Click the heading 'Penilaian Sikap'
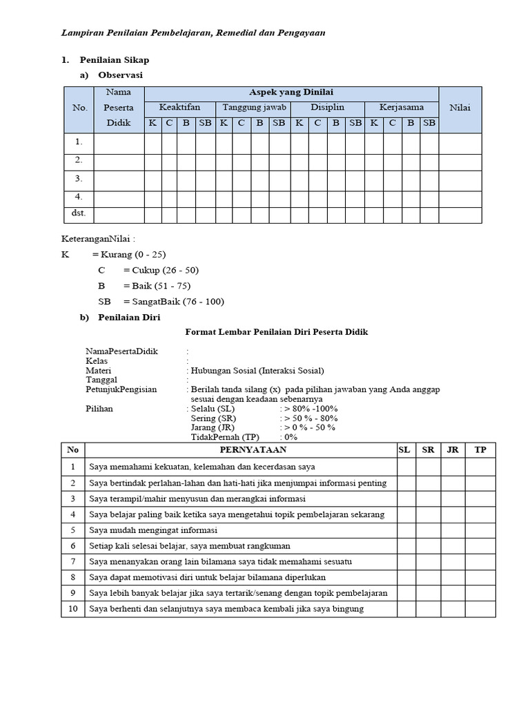114,61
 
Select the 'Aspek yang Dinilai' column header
291,93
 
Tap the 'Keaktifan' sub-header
179,108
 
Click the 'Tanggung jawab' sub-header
253,108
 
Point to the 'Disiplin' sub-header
327,108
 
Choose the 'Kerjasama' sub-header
402,108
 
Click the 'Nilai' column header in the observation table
460,108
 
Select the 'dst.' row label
79,213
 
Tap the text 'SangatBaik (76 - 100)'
174,302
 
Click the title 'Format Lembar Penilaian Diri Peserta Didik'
277,332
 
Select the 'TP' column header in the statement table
480,449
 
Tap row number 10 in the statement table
72,609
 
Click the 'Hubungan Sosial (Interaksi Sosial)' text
257,370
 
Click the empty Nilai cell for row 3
460,179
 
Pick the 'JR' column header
453,449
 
